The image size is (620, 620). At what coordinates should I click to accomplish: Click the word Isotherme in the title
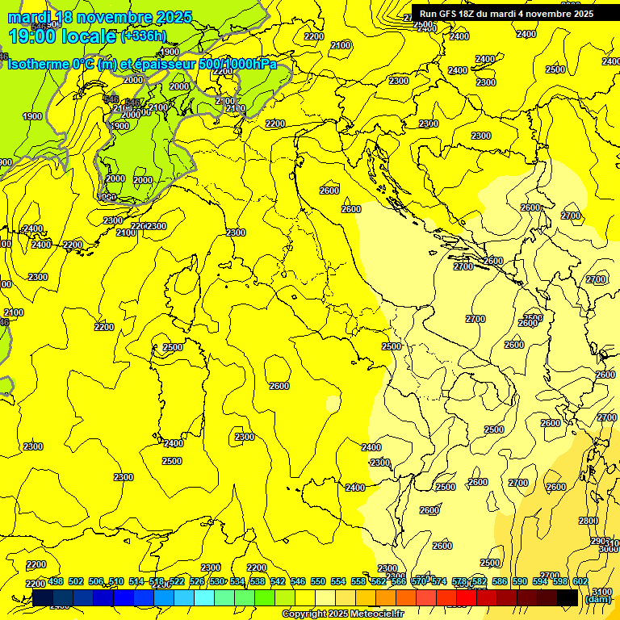tap(37, 64)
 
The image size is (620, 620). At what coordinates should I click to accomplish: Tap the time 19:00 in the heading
tap(31, 36)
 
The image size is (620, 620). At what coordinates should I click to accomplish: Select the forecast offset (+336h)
tap(144, 36)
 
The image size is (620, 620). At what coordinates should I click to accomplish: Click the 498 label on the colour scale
tap(56, 581)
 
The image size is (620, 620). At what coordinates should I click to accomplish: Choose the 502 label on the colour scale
tap(76, 581)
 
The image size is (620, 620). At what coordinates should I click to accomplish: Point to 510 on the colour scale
tap(116, 581)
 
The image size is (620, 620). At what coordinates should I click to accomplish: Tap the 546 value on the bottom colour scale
tap(298, 581)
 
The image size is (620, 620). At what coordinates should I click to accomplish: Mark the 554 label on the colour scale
tap(338, 581)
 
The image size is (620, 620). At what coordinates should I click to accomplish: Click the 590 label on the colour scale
tap(520, 581)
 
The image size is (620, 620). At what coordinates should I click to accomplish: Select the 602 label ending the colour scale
tap(580, 581)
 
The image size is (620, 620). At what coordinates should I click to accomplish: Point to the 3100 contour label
tap(601, 592)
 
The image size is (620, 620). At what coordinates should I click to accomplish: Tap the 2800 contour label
tap(589, 521)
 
